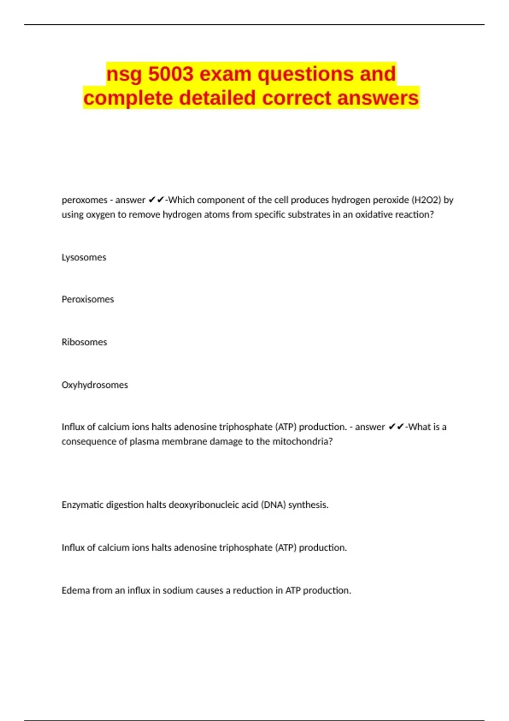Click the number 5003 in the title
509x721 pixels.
coord(171,74)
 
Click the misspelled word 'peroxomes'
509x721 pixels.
coord(84,200)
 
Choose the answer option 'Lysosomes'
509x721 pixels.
coord(84,257)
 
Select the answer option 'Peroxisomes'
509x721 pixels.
coord(88,299)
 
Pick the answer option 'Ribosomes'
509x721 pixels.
coord(84,342)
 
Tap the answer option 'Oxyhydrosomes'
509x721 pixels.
coord(95,385)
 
